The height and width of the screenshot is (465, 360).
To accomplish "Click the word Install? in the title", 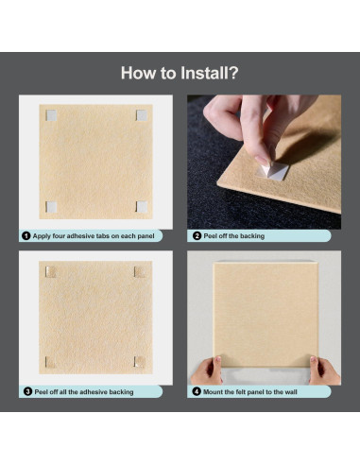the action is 210,73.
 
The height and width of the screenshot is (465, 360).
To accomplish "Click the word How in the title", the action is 139,73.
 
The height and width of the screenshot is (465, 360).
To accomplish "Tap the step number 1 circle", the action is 26,235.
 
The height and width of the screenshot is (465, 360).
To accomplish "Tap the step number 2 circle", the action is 197,235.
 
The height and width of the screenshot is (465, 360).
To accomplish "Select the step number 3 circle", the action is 27,391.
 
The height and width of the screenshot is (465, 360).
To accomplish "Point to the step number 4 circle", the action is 197,391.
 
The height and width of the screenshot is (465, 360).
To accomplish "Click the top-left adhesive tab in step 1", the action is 51,115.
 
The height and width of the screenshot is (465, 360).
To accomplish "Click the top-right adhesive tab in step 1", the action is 142,115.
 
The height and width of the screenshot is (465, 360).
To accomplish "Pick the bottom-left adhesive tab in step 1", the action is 51,207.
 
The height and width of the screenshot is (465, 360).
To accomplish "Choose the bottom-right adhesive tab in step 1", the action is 142,207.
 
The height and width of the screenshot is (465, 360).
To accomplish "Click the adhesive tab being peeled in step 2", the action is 272,172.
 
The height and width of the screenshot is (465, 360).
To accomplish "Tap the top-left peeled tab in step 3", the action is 50,272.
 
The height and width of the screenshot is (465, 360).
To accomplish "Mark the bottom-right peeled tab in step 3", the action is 140,362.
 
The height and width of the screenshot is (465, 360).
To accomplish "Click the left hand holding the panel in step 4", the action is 207,371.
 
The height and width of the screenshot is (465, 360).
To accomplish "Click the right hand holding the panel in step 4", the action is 324,370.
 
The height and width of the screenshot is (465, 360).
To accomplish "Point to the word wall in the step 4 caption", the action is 291,392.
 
